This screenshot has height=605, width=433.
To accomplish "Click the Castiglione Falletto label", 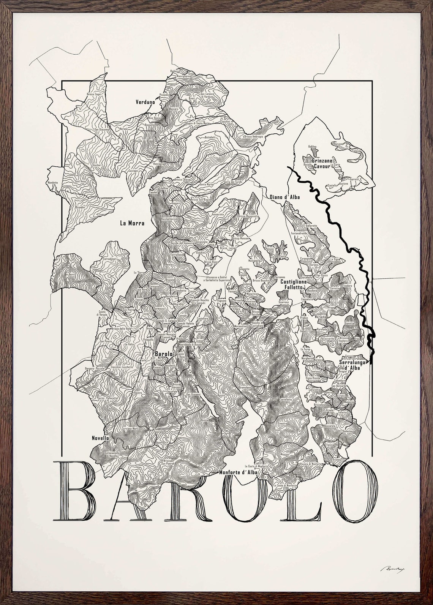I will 294,285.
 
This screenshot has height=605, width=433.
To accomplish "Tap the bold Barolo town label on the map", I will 164,353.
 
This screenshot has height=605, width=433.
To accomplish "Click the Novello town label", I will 100,438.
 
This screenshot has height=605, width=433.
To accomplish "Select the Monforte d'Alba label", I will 239,472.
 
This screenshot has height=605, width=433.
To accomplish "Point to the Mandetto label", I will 52,183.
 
